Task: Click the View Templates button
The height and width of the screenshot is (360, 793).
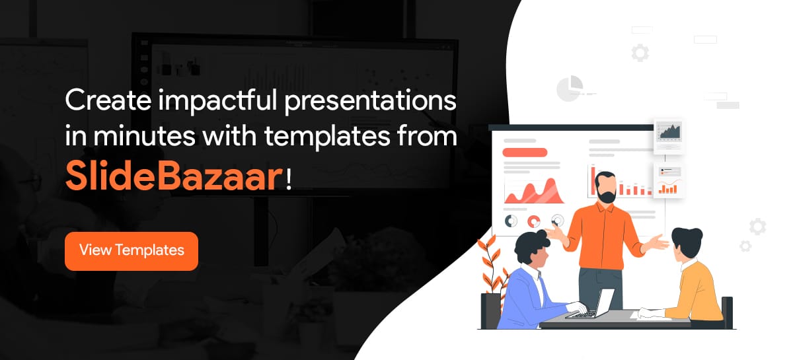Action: click(132, 251)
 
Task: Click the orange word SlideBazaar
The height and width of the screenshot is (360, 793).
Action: click(174, 176)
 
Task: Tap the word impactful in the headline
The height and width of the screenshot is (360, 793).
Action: click(217, 101)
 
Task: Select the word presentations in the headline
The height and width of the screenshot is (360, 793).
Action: click(370, 102)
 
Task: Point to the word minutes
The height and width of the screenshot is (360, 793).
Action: click(145, 136)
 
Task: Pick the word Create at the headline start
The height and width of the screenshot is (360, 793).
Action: click(108, 100)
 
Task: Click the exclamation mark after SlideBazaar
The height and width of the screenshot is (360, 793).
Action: click(289, 179)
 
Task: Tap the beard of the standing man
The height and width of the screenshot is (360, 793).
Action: click(607, 196)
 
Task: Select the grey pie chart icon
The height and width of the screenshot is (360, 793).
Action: click(570, 89)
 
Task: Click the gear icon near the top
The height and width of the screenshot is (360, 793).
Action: click(640, 53)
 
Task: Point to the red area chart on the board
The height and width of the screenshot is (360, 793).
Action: click(534, 192)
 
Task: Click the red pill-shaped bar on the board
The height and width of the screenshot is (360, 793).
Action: click(525, 153)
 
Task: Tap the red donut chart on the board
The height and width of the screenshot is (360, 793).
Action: click(534, 221)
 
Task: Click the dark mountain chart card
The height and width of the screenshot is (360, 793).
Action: click(668, 136)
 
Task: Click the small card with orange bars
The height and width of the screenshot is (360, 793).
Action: click(668, 180)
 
